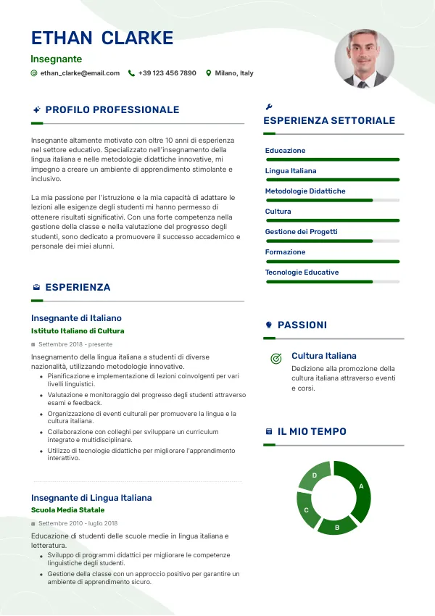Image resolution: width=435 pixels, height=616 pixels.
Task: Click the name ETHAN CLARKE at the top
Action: tap(102, 38)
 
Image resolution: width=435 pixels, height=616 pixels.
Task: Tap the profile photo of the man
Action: tap(364, 59)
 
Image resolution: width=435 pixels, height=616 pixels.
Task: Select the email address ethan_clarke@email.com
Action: tap(80, 73)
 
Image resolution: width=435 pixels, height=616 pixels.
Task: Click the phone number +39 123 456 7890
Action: tap(167, 73)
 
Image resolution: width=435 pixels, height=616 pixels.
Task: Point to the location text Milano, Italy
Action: tap(234, 73)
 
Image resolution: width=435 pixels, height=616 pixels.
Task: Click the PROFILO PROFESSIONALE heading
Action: tap(112, 110)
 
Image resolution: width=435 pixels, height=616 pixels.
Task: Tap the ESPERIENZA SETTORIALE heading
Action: tap(329, 121)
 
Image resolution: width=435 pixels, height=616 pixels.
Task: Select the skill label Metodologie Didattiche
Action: tap(305, 191)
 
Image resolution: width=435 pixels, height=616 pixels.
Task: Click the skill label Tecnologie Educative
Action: tap(302, 272)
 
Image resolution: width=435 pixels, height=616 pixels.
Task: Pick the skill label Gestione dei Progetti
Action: tap(302, 232)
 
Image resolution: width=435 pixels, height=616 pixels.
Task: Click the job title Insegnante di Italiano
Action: tap(76, 318)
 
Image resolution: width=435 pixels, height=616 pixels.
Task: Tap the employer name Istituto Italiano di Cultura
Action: tap(78, 331)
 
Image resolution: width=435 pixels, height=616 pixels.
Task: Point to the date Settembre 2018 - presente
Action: tap(75, 344)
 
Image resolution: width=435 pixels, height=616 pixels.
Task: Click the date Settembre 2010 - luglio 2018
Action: tap(78, 523)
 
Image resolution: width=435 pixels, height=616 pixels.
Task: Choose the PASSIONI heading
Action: tap(302, 325)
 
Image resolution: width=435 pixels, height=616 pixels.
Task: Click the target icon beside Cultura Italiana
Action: tap(275, 358)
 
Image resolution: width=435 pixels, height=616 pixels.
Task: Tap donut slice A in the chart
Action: tap(359, 488)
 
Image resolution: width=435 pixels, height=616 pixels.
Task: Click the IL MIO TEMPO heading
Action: tap(312, 432)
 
